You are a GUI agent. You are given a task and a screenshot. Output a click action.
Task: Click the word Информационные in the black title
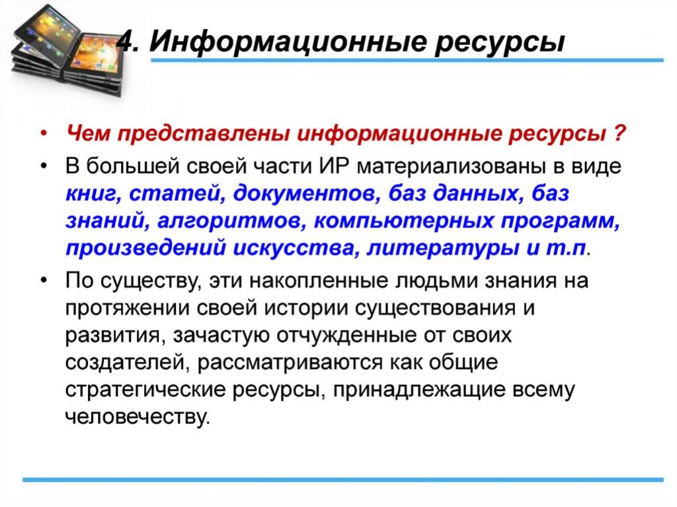[x=286, y=42]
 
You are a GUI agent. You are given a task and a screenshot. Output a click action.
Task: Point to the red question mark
[x=619, y=133]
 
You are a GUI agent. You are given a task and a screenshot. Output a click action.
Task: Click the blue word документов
[x=307, y=194]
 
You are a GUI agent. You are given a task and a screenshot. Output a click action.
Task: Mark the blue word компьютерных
[x=403, y=221]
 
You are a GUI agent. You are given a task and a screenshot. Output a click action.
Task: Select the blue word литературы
[x=442, y=249]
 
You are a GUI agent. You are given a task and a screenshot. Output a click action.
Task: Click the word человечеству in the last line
[x=137, y=416]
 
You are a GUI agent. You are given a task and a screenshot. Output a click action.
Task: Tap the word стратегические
[x=145, y=390]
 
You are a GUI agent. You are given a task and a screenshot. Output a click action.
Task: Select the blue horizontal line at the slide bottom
[x=343, y=479]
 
